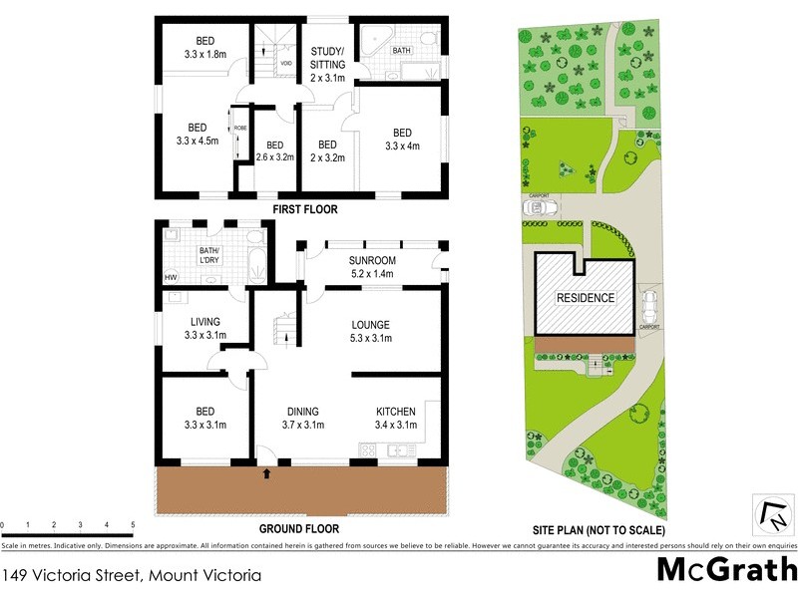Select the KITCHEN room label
pos(396,419)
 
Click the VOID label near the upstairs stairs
pos(286,63)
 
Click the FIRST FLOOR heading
pos(305,210)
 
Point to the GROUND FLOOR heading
pos(299,529)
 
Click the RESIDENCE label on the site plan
pos(586,298)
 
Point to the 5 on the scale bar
pos(133,524)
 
